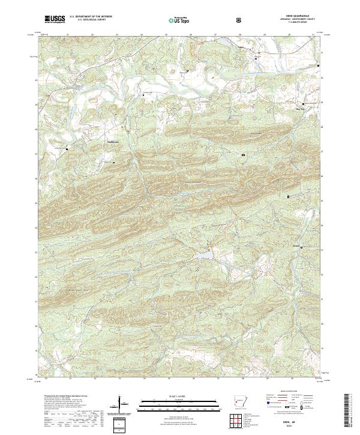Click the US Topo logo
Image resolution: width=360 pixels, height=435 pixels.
pos(178,19)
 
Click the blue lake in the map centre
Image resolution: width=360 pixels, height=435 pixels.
pos(202,256)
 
